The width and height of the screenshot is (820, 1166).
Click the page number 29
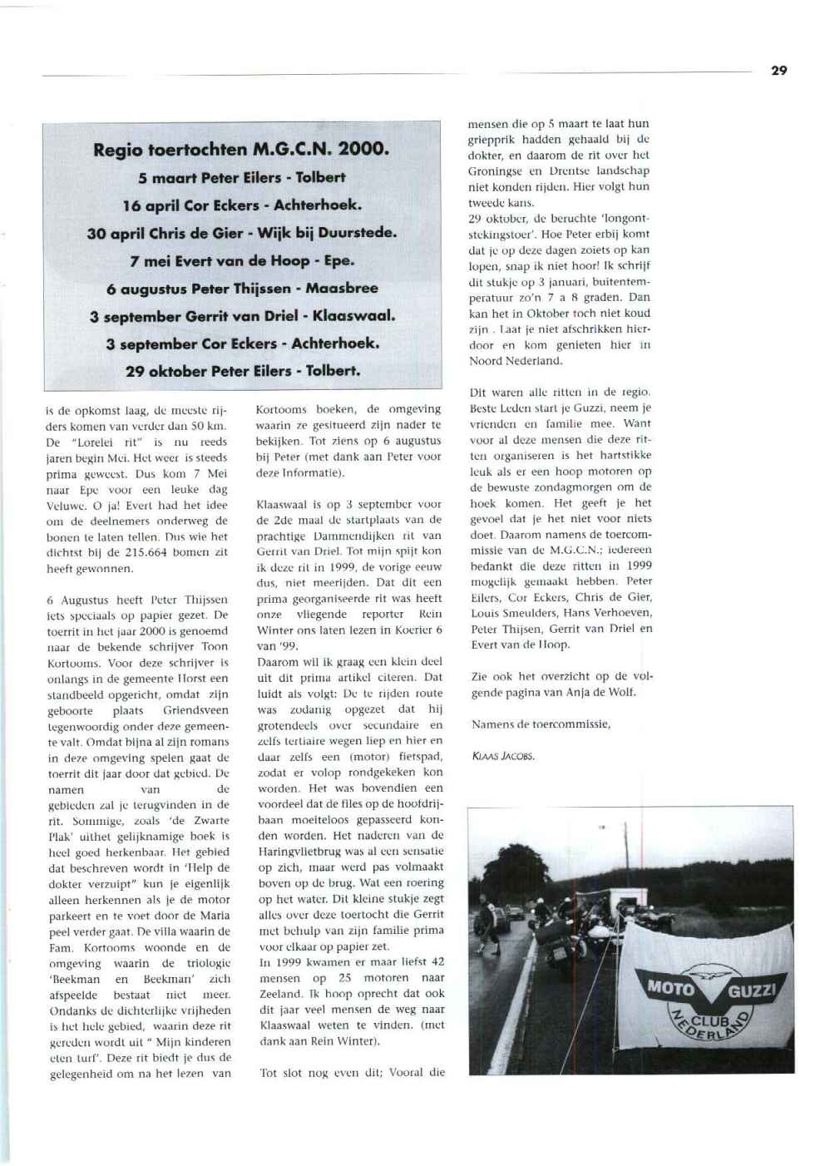coord(778,71)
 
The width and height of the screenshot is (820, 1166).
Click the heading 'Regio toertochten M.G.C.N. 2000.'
coord(241,150)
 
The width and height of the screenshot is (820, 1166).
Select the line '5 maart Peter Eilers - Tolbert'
coord(241,177)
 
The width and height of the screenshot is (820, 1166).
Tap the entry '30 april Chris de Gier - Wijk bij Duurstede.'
coord(241,233)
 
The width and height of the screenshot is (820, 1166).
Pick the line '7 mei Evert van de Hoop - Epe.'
coord(241,260)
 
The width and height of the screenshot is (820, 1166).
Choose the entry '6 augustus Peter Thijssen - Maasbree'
coord(241,289)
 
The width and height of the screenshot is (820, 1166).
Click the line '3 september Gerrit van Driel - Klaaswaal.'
coord(241,316)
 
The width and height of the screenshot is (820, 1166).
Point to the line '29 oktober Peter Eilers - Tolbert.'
coord(241,371)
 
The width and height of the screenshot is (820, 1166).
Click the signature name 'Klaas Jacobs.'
coord(502,756)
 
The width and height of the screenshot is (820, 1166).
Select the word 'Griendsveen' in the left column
coord(195,710)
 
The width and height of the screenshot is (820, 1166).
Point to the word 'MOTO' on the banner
coord(670,989)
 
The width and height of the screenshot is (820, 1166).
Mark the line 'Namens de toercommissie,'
coord(541,724)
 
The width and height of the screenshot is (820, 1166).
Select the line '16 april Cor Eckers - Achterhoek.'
coord(241,205)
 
